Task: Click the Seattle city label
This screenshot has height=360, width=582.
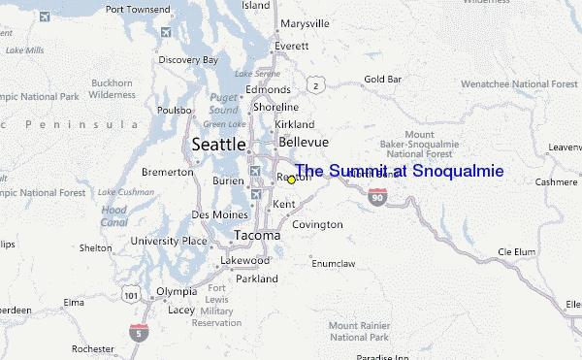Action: tap(218, 144)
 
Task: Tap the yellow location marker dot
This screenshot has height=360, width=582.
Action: tap(291, 180)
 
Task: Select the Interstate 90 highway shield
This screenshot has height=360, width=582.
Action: tap(378, 198)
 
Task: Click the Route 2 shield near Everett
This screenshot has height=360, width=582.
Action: tap(315, 86)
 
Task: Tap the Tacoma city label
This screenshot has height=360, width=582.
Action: tap(257, 235)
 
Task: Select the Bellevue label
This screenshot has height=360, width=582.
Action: tap(303, 142)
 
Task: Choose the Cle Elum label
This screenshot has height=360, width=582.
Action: tap(516, 251)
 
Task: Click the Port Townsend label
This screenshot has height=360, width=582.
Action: tap(137, 9)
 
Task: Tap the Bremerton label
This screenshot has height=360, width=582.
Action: tap(168, 172)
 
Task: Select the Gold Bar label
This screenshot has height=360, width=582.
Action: tap(382, 79)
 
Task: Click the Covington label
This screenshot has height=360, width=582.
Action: tap(317, 224)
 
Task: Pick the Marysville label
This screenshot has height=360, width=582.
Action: tap(305, 23)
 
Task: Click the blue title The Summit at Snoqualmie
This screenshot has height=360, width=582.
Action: tap(399, 171)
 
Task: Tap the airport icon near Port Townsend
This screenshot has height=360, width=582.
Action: tap(164, 33)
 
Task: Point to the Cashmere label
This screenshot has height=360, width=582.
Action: tap(556, 181)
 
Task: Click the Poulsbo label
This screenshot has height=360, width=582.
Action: tap(175, 111)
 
